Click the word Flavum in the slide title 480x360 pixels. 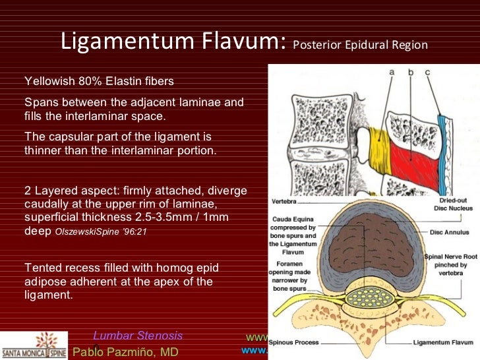[x=245, y=42]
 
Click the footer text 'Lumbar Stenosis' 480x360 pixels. [x=138, y=336]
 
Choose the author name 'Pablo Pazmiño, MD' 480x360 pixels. [x=125, y=351]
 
